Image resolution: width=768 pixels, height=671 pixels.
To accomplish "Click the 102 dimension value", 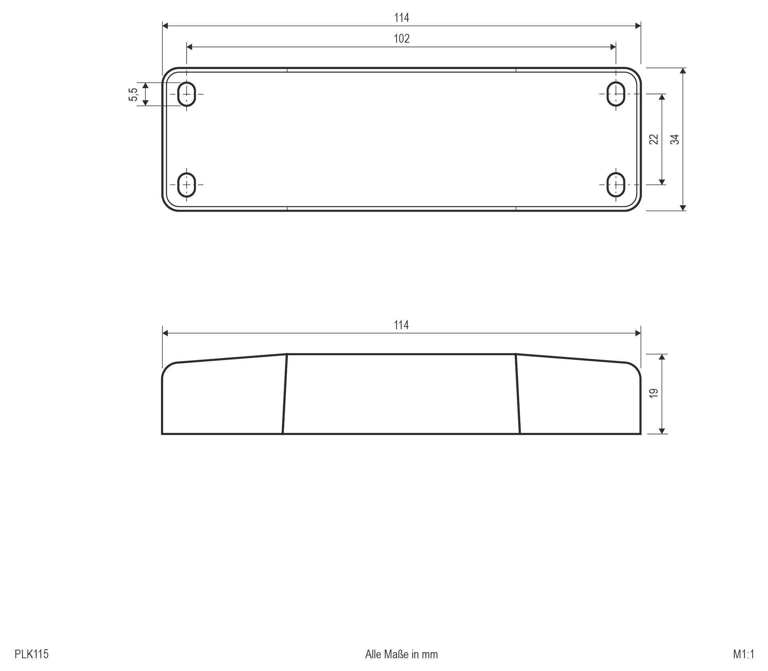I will point(401,38).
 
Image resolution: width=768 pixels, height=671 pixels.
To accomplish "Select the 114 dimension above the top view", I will point(401,17).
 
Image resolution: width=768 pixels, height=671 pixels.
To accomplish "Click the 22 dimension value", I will point(654,139).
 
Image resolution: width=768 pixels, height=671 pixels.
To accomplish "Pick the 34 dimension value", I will point(675,139).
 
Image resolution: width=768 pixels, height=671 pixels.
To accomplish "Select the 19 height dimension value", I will point(654,393).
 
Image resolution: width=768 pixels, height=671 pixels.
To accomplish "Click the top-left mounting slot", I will point(186,94).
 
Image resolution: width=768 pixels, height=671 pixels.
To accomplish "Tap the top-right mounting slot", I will point(616,94).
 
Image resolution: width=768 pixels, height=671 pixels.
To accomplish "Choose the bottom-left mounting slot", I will point(186,185).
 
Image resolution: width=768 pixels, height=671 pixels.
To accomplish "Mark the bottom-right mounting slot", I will point(616,185).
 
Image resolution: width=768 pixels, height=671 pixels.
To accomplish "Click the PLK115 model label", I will point(31,654).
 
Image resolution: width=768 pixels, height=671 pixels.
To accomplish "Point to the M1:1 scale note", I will point(744,654).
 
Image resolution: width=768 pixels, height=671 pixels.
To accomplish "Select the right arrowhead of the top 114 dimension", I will point(638,26).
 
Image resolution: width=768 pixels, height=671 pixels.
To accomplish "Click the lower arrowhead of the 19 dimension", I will point(662,431).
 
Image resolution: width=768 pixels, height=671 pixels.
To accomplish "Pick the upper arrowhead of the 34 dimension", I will point(683,71).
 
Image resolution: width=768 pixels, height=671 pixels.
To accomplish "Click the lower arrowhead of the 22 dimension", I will point(662,182).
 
